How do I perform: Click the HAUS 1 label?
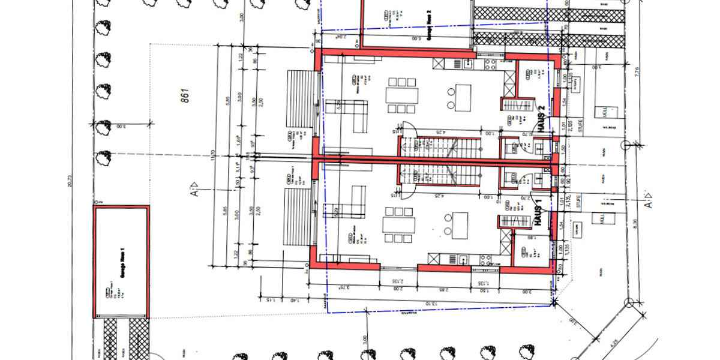tap(538, 213)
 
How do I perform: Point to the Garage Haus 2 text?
tap(430, 27)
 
